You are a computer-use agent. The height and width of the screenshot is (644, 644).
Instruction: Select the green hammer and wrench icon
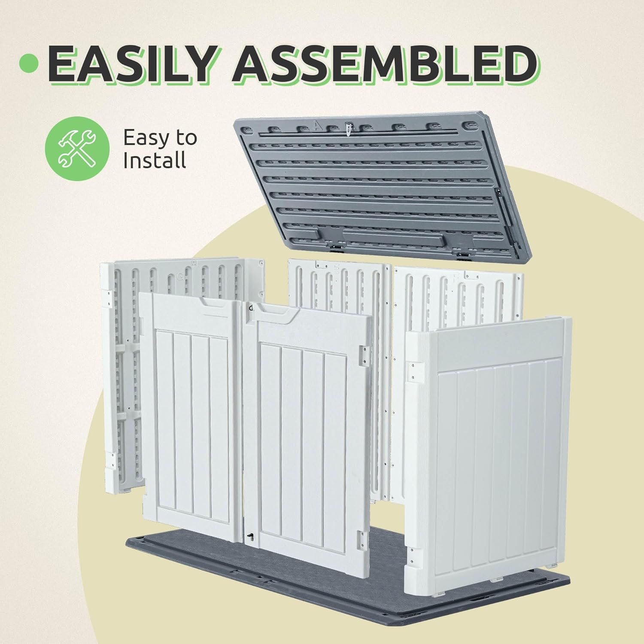point(77,148)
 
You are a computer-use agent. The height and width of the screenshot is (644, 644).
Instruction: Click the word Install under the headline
point(155,160)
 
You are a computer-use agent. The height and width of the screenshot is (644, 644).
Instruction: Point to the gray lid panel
point(382,187)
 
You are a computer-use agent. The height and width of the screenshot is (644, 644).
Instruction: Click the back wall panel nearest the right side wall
point(458,296)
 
